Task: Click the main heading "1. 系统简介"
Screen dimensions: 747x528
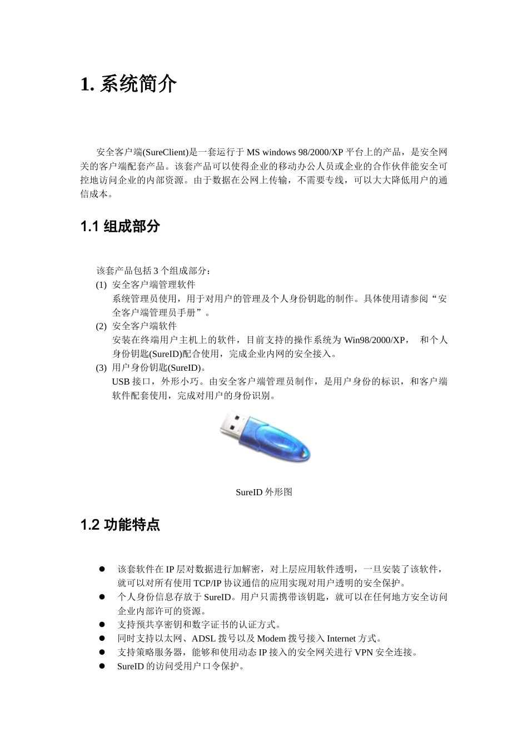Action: pyautogui.click(x=129, y=85)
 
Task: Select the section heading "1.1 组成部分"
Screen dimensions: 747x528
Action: pyautogui.click(x=121, y=226)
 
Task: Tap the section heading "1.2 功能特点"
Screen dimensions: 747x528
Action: pyautogui.click(x=121, y=525)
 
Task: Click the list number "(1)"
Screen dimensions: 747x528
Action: pyautogui.click(x=101, y=285)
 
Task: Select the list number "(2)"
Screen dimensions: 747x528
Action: pyautogui.click(x=101, y=326)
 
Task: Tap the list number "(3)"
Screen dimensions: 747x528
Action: pyautogui.click(x=101, y=368)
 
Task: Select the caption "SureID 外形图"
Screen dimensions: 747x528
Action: pyautogui.click(x=264, y=492)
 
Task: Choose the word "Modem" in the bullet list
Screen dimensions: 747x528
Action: pyautogui.click(x=272, y=639)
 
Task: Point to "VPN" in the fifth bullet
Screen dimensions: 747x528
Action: pyautogui.click(x=363, y=653)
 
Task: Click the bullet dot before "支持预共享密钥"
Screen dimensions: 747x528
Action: pyautogui.click(x=102, y=625)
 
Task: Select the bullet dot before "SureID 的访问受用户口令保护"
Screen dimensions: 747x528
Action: pyautogui.click(x=102, y=666)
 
